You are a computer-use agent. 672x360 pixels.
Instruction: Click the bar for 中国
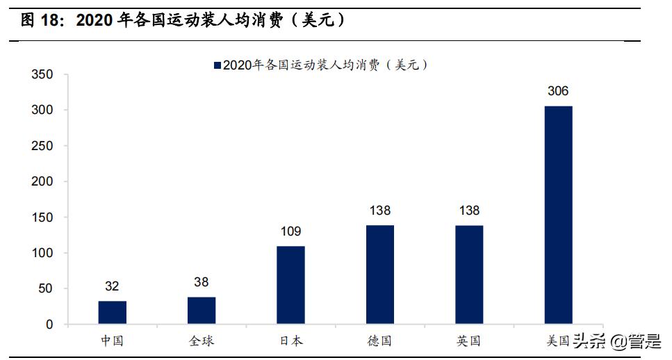click(112, 313)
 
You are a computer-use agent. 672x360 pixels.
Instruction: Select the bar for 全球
click(202, 311)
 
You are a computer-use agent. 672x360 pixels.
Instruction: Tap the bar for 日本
click(290, 285)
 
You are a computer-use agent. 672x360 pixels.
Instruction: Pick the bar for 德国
click(379, 275)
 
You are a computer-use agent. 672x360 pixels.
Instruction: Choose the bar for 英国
click(469, 275)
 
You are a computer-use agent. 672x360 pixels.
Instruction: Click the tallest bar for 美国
click(558, 215)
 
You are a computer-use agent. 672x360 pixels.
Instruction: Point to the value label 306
click(558, 91)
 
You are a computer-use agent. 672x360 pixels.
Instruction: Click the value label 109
click(290, 231)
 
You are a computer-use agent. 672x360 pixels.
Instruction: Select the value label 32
click(112, 286)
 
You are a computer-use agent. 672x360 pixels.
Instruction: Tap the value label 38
click(202, 282)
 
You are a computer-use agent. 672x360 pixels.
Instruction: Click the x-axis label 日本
click(290, 341)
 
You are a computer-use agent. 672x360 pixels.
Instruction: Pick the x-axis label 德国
click(379, 341)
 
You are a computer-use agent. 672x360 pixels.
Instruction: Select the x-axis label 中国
click(112, 341)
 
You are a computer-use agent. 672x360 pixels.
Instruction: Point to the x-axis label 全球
click(202, 341)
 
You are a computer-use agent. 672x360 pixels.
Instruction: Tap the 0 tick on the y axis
click(49, 325)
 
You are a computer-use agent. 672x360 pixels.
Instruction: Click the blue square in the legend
click(217, 65)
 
